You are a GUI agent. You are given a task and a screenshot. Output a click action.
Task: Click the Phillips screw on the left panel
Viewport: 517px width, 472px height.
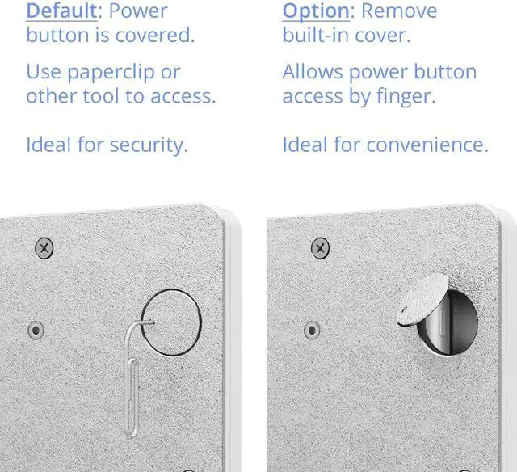tap(44, 247)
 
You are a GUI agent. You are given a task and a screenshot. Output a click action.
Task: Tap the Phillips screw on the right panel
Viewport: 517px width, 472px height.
tap(321, 247)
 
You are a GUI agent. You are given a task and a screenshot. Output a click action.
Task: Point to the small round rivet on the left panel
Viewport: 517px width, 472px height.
tap(36, 330)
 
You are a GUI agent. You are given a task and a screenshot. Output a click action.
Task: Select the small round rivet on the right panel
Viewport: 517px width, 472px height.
tap(312, 330)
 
